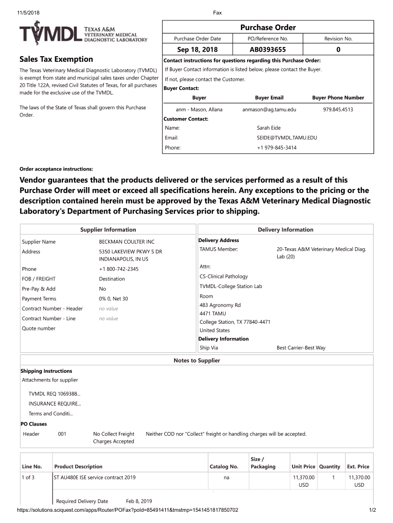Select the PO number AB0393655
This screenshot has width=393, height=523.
[x=267, y=50]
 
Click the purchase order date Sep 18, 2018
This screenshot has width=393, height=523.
[x=197, y=50]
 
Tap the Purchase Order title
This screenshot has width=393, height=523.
[x=267, y=28]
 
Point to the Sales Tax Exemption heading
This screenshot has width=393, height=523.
[x=56, y=59]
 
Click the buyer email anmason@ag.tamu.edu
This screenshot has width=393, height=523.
[x=269, y=109]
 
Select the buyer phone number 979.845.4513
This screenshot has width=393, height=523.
[x=338, y=109]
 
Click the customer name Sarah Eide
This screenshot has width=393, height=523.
[x=268, y=128]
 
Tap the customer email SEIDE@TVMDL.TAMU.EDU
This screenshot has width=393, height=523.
[x=287, y=138]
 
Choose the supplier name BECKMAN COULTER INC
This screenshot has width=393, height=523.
[x=127, y=242]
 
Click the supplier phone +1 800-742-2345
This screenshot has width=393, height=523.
[x=118, y=269]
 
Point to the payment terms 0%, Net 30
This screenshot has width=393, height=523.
[x=113, y=299]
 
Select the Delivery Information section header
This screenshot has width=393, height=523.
[x=285, y=230]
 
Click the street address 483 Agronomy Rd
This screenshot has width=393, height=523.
[x=220, y=305]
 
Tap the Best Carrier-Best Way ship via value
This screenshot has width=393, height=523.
[x=301, y=348]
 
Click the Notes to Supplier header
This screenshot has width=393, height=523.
[x=196, y=361]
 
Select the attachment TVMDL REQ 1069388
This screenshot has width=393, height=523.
[x=54, y=394]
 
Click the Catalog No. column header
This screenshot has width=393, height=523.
[x=224, y=466]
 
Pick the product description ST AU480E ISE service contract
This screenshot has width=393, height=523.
[x=95, y=478]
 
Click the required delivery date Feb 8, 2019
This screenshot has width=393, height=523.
[x=139, y=501]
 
